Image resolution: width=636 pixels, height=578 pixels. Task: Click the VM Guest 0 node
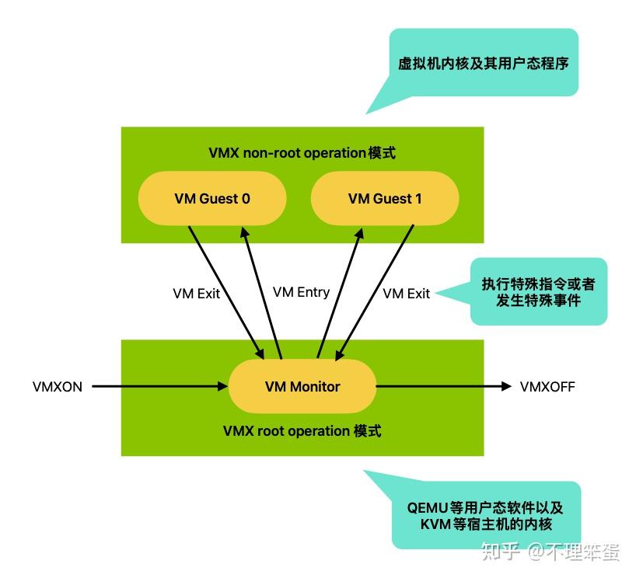[212, 198]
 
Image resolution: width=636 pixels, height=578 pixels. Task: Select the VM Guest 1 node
[385, 198]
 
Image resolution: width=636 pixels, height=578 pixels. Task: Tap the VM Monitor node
[302, 386]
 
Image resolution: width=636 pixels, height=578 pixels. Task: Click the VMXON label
[58, 386]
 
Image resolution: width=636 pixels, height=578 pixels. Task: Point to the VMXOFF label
[547, 386]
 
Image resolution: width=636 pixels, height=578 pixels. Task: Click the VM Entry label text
[301, 292]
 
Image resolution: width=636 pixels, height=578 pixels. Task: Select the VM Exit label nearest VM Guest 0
[196, 294]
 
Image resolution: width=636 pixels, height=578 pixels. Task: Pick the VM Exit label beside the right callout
[407, 294]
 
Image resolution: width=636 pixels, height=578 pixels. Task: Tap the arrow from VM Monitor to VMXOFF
[443, 385]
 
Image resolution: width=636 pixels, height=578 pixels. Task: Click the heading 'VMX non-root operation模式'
[302, 152]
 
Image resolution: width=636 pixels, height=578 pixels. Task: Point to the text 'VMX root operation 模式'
[302, 430]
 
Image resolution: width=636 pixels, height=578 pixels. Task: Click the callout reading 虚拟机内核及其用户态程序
[483, 63]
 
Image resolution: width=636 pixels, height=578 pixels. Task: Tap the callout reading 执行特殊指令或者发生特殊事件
[538, 291]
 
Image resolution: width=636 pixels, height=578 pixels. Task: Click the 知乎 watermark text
[501, 551]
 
